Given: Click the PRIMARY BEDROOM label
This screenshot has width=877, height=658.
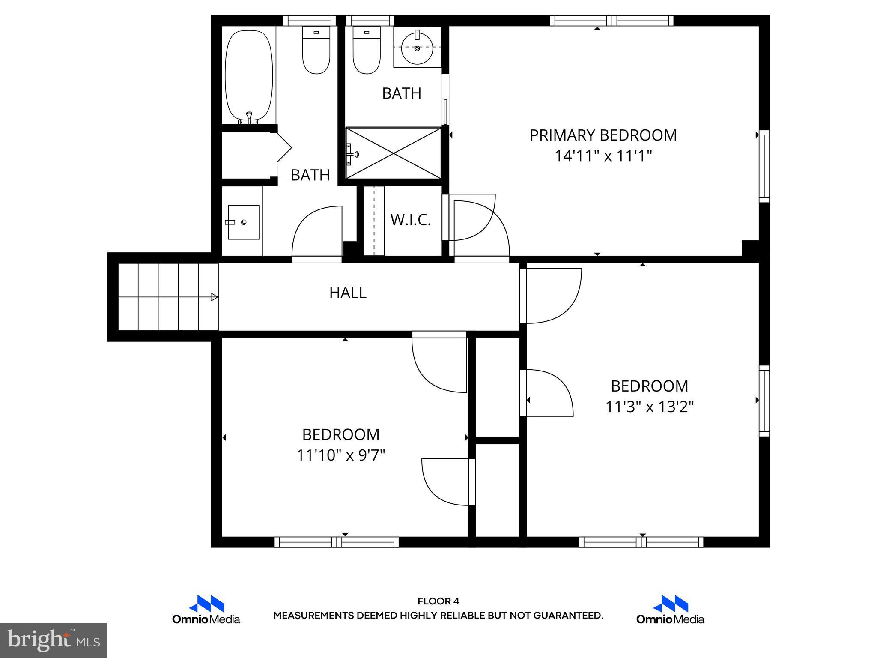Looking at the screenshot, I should pyautogui.click(x=603, y=135).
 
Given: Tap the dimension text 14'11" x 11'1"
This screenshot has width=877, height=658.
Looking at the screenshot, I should pyautogui.click(x=603, y=156).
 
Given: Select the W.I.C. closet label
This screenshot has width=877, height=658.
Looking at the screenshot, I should pyautogui.click(x=410, y=220).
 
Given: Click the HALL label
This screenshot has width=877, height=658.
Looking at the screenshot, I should pyautogui.click(x=348, y=293).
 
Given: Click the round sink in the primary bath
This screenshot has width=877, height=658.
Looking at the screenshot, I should pyautogui.click(x=417, y=48).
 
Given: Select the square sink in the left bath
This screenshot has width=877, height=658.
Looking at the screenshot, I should pyautogui.click(x=243, y=222).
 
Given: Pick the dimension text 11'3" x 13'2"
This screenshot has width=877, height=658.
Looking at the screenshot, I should pyautogui.click(x=649, y=407).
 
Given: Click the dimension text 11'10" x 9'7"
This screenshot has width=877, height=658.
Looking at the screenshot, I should pyautogui.click(x=341, y=455).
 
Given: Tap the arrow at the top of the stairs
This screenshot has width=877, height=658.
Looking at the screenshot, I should pyautogui.click(x=214, y=297).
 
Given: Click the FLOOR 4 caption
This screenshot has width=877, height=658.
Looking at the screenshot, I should pyautogui.click(x=438, y=601).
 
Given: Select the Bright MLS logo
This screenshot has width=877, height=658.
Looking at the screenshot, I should pyautogui.click(x=54, y=640).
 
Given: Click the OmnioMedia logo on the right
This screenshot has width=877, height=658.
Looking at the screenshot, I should pyautogui.click(x=670, y=610).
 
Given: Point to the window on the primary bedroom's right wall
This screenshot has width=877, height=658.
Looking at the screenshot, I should pyautogui.click(x=764, y=166).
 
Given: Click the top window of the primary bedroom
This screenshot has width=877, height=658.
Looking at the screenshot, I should pyautogui.click(x=612, y=21).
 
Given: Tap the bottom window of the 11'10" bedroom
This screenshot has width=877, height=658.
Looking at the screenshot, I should pyautogui.click(x=337, y=542).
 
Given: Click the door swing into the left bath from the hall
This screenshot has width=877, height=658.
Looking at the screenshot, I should pyautogui.click(x=317, y=233).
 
